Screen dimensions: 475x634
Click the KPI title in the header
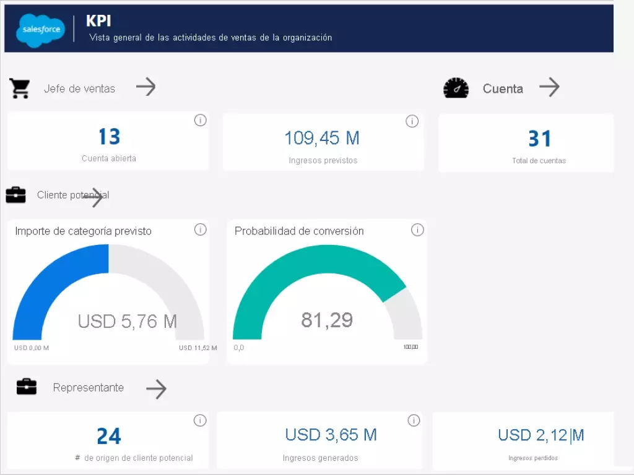[x=98, y=20]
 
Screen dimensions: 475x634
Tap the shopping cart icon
[x=20, y=88]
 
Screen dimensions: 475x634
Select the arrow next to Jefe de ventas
[x=145, y=87]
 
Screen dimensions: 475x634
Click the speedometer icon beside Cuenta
[x=456, y=88]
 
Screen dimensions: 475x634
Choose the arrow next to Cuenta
[x=549, y=87]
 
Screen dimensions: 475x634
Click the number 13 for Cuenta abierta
[x=109, y=137]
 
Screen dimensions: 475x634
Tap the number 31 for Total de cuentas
[x=539, y=139]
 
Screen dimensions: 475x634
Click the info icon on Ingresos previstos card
[x=412, y=121]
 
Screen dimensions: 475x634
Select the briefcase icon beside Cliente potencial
[x=16, y=195]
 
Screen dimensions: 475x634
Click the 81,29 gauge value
[x=327, y=320]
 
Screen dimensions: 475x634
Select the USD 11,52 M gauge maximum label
[x=198, y=348]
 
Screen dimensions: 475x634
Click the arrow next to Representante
[x=156, y=389]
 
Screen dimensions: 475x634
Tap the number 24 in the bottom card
[x=109, y=437]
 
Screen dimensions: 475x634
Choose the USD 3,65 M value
[x=331, y=435]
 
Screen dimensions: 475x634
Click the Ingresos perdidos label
[x=532, y=458]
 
